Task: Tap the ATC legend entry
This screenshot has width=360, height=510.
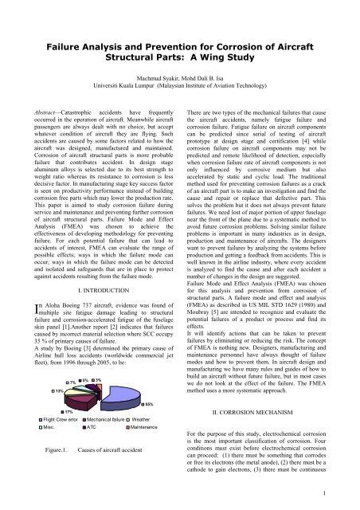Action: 92,452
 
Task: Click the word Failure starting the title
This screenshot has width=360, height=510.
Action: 66,49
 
